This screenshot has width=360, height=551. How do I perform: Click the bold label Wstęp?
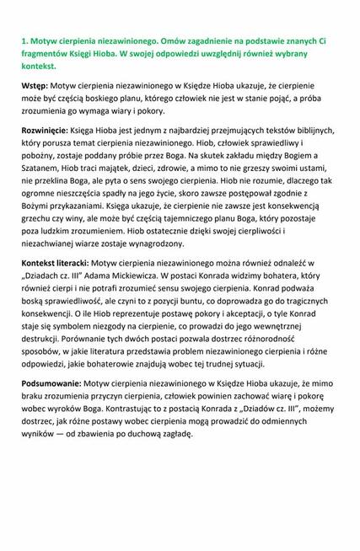36,87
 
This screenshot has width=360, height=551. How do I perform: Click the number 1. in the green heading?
25,39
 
